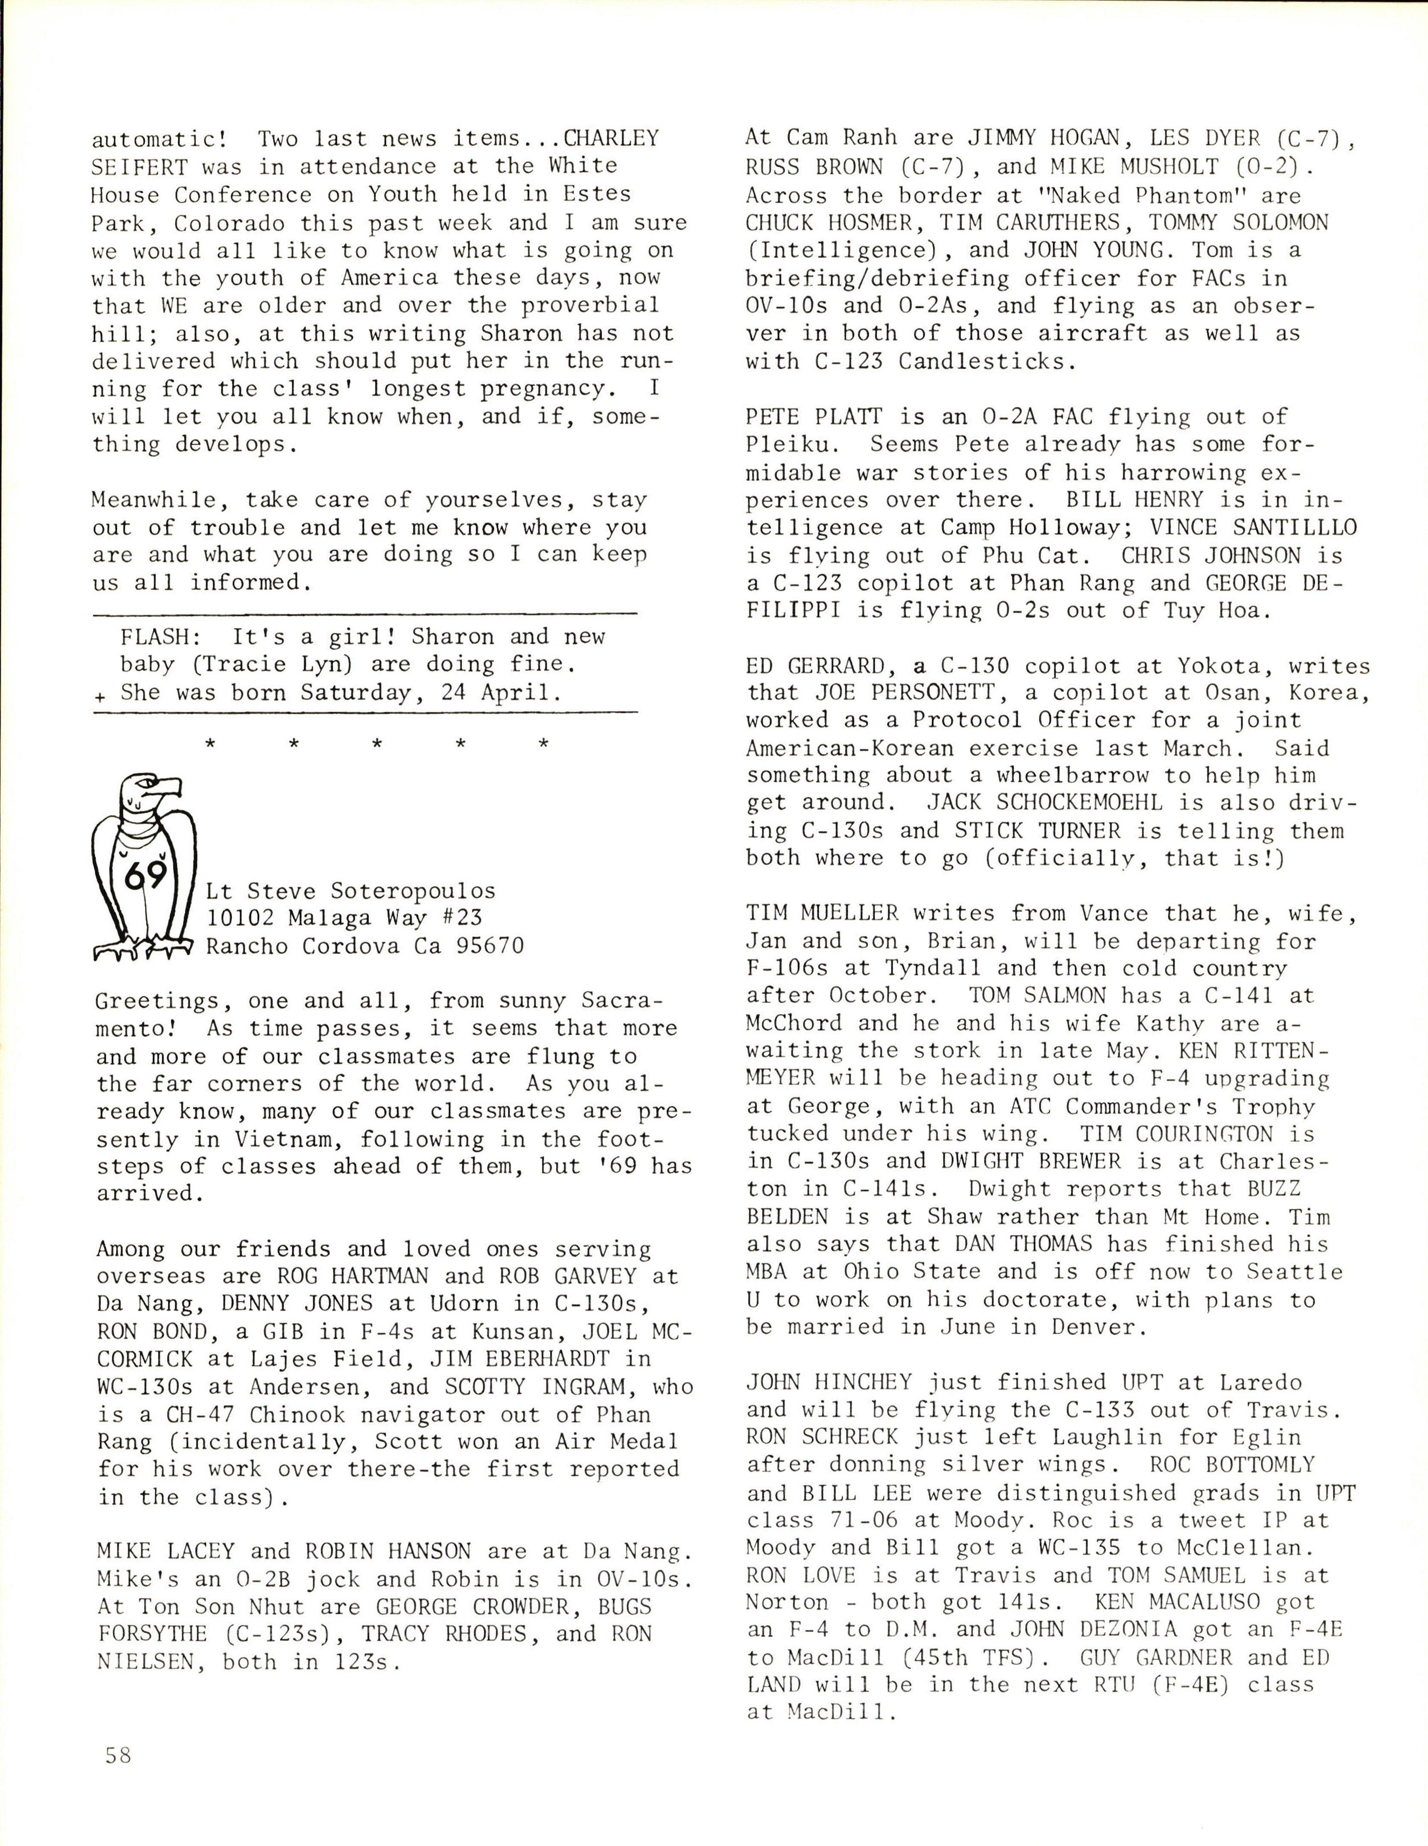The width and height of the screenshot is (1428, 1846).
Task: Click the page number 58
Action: tap(118, 1755)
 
